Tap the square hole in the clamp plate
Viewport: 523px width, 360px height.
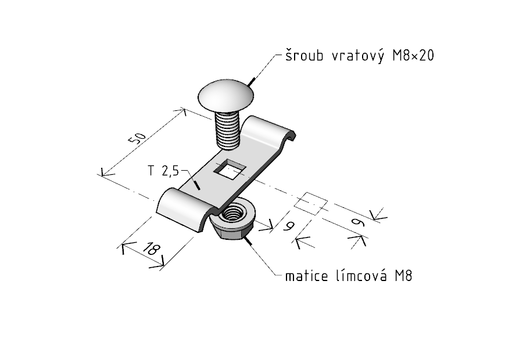click(x=230, y=169)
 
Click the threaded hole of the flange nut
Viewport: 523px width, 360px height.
click(x=237, y=211)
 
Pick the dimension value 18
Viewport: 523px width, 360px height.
click(x=150, y=251)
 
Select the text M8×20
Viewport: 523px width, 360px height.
click(x=413, y=56)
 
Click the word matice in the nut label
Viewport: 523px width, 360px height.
click(x=306, y=275)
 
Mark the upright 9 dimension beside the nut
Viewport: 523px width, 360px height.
click(x=288, y=226)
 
